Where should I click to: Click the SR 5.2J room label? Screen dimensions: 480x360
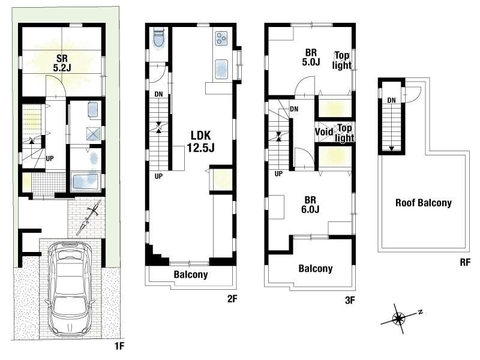pyautogui.click(x=62, y=63)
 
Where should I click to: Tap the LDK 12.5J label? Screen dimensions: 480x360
pyautogui.click(x=201, y=142)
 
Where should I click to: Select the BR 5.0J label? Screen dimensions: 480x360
pyautogui.click(x=311, y=57)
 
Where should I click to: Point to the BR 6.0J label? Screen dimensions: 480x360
pyautogui.click(x=310, y=205)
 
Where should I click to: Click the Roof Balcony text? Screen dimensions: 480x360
pyautogui.click(x=424, y=203)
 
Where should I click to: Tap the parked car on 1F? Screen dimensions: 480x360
pyautogui.click(x=70, y=288)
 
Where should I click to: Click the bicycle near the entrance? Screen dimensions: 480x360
pyautogui.click(x=89, y=217)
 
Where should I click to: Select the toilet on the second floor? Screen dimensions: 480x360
pyautogui.click(x=158, y=37)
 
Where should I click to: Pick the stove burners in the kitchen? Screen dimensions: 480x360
pyautogui.click(x=221, y=39)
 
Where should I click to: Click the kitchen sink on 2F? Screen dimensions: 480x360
pyautogui.click(x=221, y=69)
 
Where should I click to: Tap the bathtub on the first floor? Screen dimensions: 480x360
pyautogui.click(x=86, y=182)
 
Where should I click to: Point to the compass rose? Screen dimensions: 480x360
pyautogui.click(x=399, y=319)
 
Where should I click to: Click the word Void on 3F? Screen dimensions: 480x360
pyautogui.click(x=324, y=131)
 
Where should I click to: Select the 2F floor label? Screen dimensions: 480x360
pyautogui.click(x=232, y=298)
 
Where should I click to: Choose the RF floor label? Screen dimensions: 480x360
pyautogui.click(x=464, y=262)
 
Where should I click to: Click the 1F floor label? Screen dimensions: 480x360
pyautogui.click(x=119, y=346)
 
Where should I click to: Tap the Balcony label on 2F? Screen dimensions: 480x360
pyautogui.click(x=191, y=274)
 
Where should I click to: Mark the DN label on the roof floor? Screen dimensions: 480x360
pyautogui.click(x=392, y=100)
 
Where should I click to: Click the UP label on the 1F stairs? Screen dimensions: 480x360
pyautogui.click(x=50, y=158)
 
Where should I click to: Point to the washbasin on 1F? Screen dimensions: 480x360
pyautogui.click(x=93, y=110)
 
